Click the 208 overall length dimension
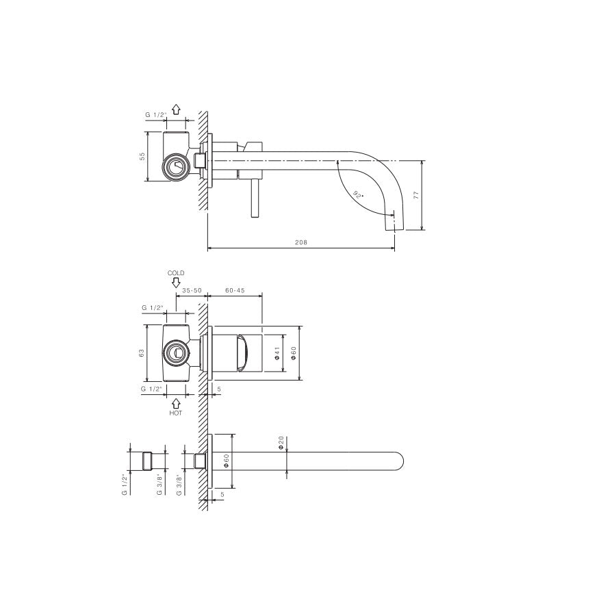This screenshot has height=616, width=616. pos(300,242)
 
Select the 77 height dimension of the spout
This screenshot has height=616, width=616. pos(415,195)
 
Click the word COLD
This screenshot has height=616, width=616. pos(176,273)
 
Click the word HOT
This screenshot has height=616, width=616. pos(176,413)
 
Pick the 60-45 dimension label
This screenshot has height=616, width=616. pos(235,291)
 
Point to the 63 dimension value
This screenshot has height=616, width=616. pos(142,352)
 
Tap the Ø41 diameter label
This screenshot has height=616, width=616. pos(277,353)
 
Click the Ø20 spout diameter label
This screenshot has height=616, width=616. pos(281,443)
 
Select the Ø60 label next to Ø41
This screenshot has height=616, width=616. pos(294,353)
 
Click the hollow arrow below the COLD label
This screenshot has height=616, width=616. pos(176,282)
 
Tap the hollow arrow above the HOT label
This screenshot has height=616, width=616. pos(176,403)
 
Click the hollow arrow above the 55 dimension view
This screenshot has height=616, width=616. pos(176,109)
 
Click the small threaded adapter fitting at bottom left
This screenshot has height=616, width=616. pos(146,460)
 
